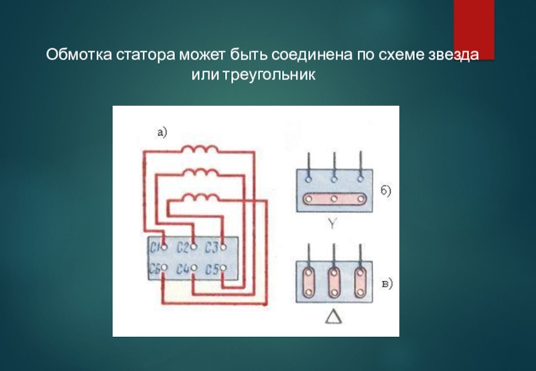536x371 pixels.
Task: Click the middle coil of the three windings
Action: tap(198, 173)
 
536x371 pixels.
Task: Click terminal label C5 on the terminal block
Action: tap(212, 270)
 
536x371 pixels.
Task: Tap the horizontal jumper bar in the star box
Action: tap(334, 199)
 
